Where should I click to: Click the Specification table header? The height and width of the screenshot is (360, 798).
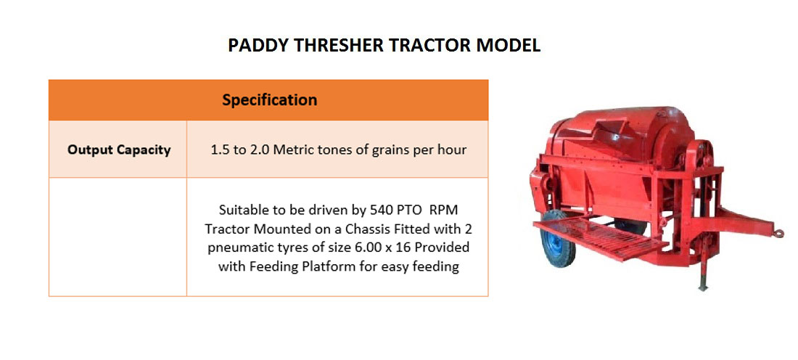click(x=269, y=100)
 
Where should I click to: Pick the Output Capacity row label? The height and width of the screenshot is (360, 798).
click(x=119, y=150)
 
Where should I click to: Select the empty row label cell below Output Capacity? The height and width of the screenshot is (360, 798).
click(x=118, y=237)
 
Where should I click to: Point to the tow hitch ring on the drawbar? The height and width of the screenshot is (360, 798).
click(x=778, y=233)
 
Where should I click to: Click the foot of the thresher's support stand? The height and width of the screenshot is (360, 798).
click(x=703, y=287)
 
